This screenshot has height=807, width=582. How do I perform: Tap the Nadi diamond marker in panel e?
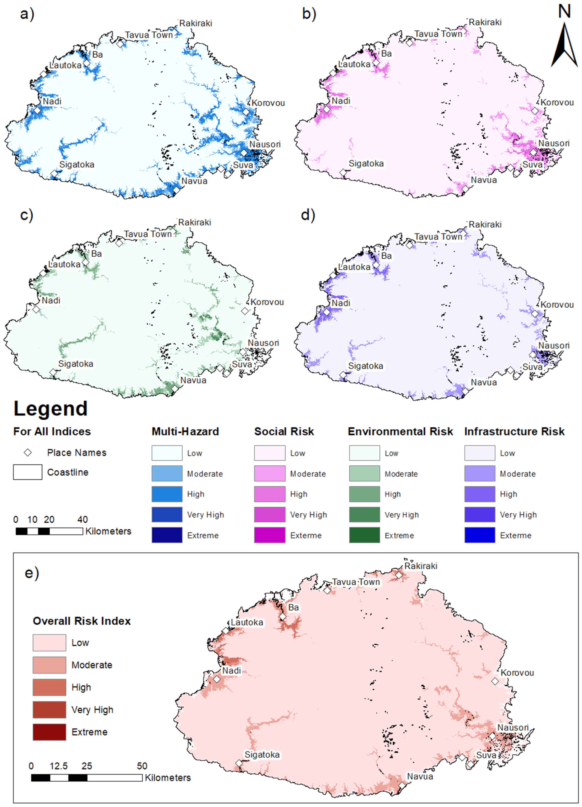pos(217,679)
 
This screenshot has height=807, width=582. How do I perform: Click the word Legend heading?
pos(51,408)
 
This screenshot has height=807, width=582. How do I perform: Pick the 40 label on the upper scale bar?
pos(83,519)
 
